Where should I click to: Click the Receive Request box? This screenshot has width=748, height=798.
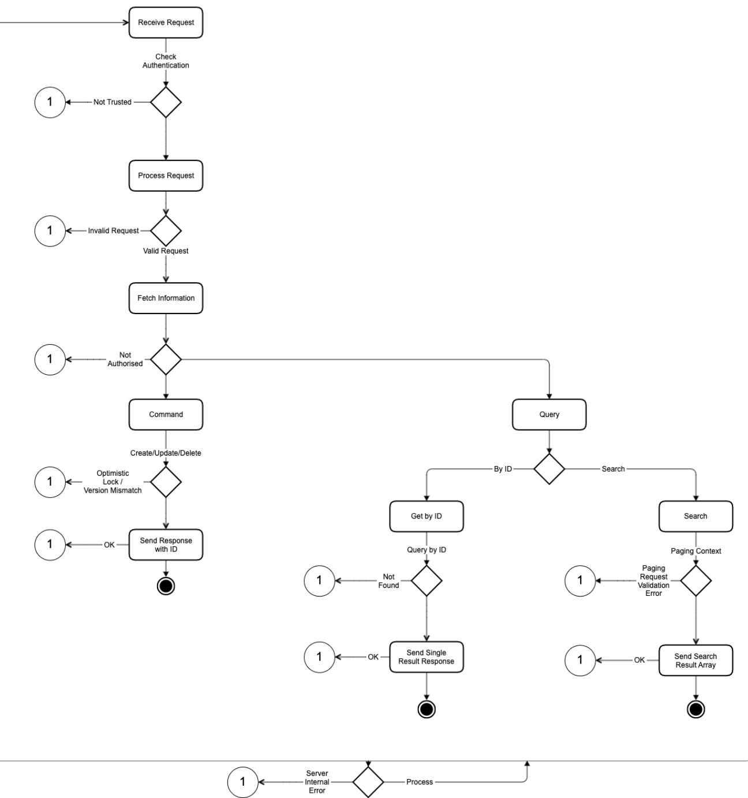click(166, 23)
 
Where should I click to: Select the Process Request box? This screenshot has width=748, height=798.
click(166, 176)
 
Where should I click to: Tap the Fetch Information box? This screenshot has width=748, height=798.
click(166, 298)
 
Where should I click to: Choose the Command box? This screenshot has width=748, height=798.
click(166, 415)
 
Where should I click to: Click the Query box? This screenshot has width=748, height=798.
click(549, 415)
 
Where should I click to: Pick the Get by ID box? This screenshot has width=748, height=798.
click(426, 516)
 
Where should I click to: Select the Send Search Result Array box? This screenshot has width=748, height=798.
click(695, 661)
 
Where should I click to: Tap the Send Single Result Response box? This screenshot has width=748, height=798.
click(426, 657)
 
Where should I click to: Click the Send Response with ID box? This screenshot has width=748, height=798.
click(166, 545)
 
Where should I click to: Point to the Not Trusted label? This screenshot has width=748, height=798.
click(113, 102)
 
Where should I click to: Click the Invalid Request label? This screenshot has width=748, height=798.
click(113, 230)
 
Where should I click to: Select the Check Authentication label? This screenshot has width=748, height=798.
click(166, 61)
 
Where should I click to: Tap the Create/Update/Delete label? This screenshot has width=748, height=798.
click(166, 453)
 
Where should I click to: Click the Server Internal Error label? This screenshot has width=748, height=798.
click(317, 782)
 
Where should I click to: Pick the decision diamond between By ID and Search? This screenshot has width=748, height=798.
click(549, 469)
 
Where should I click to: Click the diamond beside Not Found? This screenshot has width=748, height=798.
click(426, 580)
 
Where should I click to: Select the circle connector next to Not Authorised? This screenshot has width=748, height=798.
click(50, 359)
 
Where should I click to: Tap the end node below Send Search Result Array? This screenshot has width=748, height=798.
click(695, 709)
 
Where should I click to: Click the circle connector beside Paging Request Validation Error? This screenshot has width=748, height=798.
click(580, 580)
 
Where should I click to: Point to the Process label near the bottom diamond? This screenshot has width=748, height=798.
click(420, 782)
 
